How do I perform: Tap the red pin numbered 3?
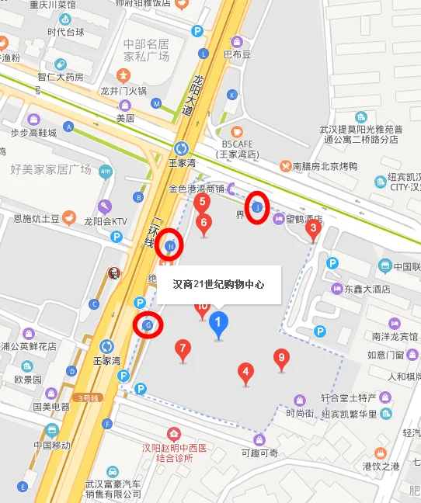(x=313, y=228)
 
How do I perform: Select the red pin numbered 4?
(x=246, y=373)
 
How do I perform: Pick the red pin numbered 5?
(x=203, y=203)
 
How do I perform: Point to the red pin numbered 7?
(x=183, y=349)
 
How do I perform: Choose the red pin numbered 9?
(x=282, y=359)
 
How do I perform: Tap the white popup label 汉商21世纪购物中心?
(x=218, y=285)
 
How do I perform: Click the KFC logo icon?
(x=113, y=273)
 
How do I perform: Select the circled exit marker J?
(x=258, y=207)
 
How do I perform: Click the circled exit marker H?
(x=171, y=245)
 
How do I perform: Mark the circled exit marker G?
(x=148, y=324)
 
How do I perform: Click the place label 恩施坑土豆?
(x=37, y=219)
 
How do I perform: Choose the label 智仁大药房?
(x=60, y=78)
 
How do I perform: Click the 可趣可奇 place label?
(x=259, y=453)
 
